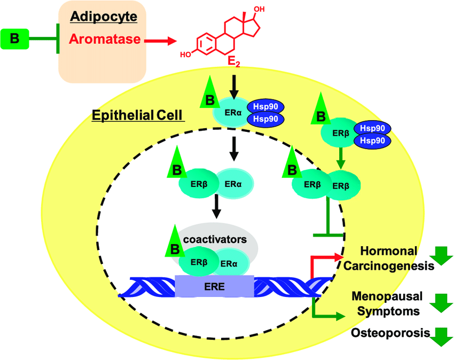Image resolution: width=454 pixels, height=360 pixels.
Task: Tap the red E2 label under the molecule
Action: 233,62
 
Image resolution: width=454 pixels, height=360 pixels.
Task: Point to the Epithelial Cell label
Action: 137,115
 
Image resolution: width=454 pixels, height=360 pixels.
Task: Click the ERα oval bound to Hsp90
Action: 230,112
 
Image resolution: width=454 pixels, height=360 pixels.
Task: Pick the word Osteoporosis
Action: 390,333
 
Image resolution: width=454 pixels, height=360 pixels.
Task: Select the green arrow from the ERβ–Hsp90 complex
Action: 339,157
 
